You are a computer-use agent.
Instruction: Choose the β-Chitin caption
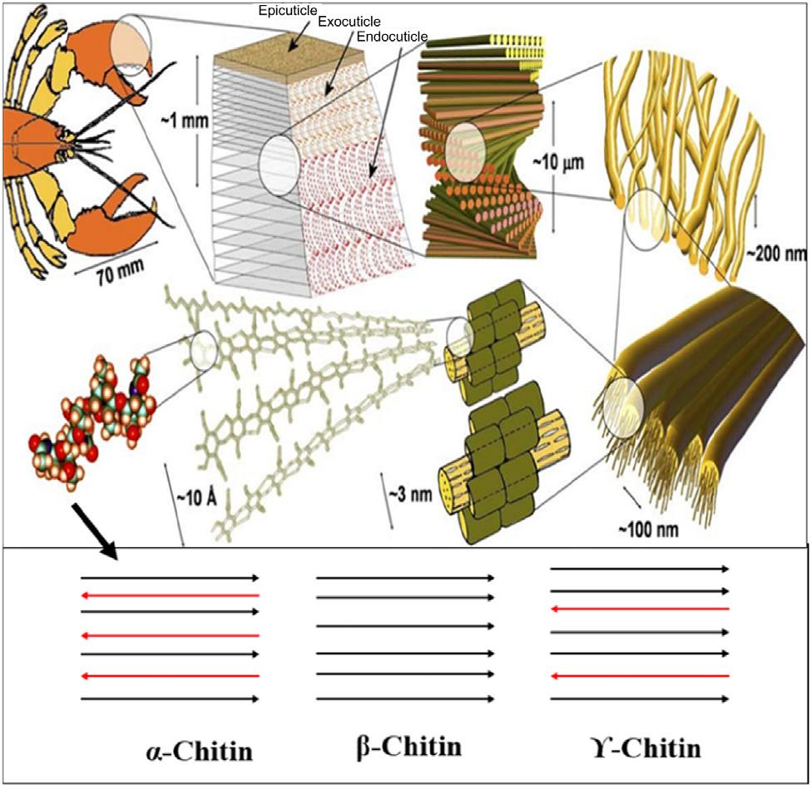404,746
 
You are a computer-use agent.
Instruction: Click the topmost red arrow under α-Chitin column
170,595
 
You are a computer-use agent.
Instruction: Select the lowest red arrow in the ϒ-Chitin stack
640,674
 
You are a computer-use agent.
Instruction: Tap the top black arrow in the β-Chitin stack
405,578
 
